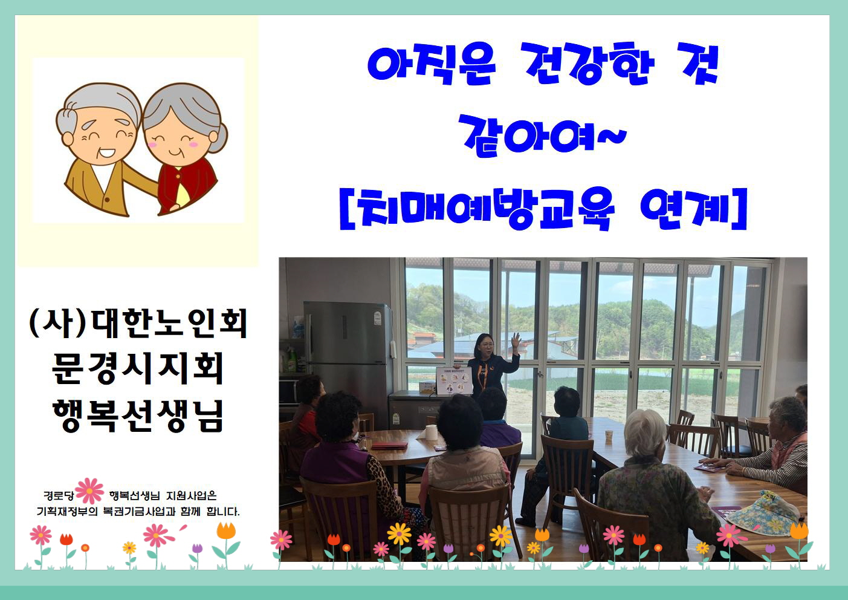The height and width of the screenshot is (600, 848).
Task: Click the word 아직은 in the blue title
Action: pos(432,64)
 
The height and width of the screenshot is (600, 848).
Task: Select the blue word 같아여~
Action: pos(542,135)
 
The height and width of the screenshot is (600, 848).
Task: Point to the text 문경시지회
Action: pos(137,368)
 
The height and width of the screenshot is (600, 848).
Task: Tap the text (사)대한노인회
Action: pos(138,323)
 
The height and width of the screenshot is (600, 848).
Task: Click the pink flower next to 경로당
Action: pos(89,491)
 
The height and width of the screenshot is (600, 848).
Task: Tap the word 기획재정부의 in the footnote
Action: pos(67,511)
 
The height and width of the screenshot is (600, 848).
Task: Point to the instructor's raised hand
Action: pos(515,340)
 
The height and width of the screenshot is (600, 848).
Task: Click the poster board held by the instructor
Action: pos(455,380)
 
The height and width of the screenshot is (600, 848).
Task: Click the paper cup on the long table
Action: pos(609,436)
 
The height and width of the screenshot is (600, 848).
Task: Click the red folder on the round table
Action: pos(389,446)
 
